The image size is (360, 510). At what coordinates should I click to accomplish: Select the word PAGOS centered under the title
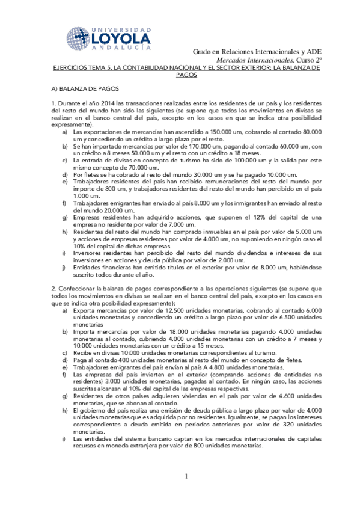[x=186, y=76]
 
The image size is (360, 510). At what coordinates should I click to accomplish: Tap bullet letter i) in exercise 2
[x=65, y=438]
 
